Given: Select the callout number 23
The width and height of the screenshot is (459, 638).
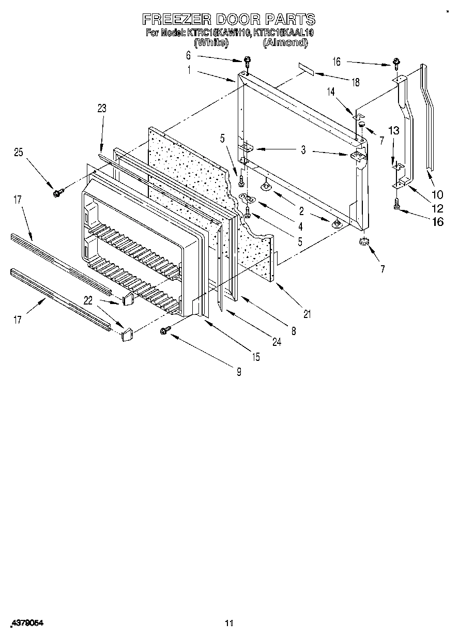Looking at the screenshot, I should click(x=102, y=108).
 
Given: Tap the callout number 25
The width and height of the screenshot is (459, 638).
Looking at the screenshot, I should click(x=19, y=153).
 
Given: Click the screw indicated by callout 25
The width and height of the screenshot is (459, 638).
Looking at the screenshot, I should click(x=57, y=193).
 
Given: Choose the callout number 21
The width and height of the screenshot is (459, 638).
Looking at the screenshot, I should click(x=307, y=314).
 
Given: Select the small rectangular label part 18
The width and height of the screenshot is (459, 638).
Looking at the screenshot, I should click(x=305, y=69).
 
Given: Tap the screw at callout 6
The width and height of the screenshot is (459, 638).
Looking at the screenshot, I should click(x=247, y=62).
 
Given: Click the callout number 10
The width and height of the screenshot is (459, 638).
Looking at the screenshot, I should click(x=437, y=195).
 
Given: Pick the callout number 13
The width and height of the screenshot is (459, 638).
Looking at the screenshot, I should click(x=394, y=130).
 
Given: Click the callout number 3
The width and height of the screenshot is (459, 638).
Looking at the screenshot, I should click(x=303, y=150).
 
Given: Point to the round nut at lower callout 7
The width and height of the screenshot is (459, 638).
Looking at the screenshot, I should click(x=364, y=241).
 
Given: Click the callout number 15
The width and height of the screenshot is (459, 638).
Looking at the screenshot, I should click(x=256, y=357).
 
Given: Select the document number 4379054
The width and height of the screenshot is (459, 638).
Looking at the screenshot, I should click(x=26, y=624).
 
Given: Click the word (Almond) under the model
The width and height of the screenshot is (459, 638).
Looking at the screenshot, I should click(x=285, y=43).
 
